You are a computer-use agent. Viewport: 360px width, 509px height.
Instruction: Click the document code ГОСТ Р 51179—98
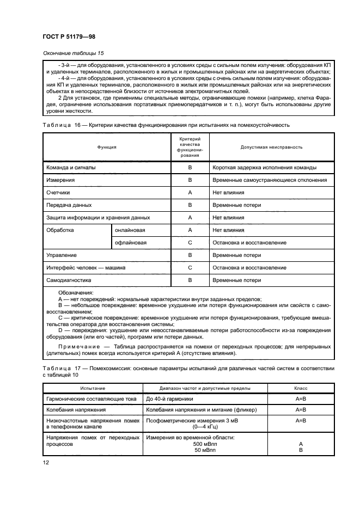point(65,37)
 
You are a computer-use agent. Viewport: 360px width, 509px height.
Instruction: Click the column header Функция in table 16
point(107,148)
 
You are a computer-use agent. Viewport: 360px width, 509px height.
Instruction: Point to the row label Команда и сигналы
point(70,168)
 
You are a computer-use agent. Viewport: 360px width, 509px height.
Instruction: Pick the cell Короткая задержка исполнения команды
point(265,168)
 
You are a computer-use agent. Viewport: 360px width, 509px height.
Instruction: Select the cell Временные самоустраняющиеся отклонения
point(270,180)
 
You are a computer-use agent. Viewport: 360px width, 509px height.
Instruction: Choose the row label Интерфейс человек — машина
point(86,268)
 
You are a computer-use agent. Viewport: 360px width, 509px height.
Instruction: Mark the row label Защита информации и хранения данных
point(90,218)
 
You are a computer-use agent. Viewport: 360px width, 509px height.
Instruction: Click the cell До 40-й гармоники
point(167,400)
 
